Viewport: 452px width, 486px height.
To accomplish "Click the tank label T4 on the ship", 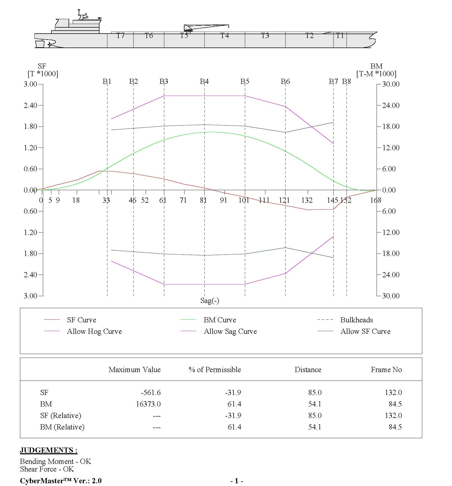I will click(224, 36).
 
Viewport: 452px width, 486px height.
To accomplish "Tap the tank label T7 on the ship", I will click(120, 36).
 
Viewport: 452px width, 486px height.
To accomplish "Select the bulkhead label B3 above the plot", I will click(164, 81).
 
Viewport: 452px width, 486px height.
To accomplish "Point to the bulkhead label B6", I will click(285, 81).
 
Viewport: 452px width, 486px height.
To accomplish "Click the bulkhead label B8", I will click(346, 81).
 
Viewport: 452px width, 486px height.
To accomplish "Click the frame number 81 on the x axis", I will click(203, 200).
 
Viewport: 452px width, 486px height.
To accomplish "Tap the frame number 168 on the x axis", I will click(375, 200).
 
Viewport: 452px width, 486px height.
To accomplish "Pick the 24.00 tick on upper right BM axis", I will click(391, 105).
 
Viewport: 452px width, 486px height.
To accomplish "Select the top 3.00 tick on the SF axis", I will click(30, 84).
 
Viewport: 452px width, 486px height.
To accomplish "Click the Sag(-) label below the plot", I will click(210, 301).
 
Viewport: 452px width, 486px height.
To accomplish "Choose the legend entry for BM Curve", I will click(219, 320).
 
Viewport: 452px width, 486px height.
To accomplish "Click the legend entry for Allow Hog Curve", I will click(94, 331).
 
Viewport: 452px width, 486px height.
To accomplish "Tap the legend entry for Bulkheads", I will click(356, 320).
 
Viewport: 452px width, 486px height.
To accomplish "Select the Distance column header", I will click(308, 370).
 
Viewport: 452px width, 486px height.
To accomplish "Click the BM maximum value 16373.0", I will click(148, 404).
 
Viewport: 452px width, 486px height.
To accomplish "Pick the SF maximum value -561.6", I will click(151, 393).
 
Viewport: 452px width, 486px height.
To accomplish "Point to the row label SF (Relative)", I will click(61, 416).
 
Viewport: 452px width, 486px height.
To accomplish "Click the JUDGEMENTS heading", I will click(49, 450).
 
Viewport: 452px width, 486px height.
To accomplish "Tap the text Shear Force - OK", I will click(47, 469).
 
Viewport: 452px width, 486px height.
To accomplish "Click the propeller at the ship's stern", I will click(49, 44).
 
